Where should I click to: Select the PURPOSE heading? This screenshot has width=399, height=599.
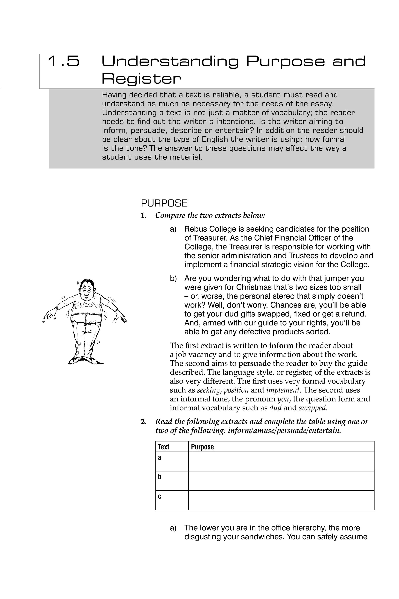pyautogui.click(x=164, y=203)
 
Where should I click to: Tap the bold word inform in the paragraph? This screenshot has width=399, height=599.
pyautogui.click(x=281, y=346)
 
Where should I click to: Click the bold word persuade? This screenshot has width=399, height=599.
pyautogui.click(x=254, y=363)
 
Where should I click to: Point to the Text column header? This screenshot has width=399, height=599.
pyautogui.click(x=163, y=447)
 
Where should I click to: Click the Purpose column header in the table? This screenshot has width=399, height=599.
pyautogui.click(x=202, y=447)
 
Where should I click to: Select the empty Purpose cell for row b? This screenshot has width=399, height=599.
pyautogui.click(x=281, y=481)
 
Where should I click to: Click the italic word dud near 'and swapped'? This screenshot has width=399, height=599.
pyautogui.click(x=275, y=408)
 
